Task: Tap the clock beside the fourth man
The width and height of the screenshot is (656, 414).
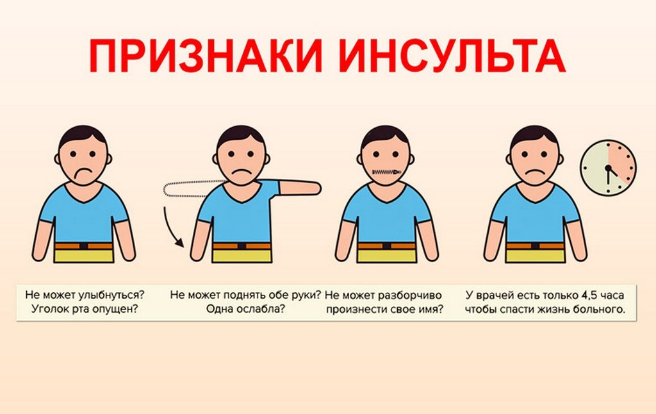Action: pos(608,169)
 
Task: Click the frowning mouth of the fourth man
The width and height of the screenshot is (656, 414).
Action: pos(536,174)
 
